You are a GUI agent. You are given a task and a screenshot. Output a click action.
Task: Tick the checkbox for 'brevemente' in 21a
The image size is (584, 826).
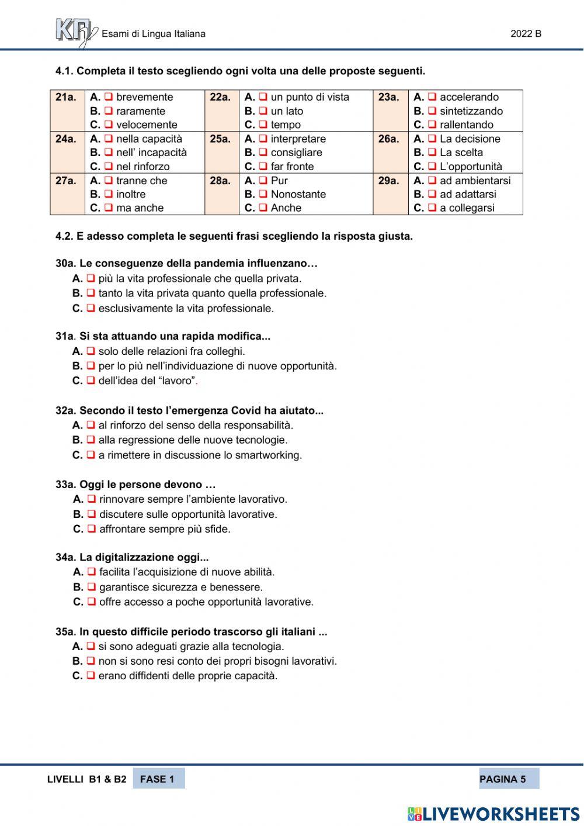point(108,97)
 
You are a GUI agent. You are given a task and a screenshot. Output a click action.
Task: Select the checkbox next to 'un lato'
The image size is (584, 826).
point(263,111)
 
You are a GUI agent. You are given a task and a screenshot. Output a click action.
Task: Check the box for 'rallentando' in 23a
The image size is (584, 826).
point(432,125)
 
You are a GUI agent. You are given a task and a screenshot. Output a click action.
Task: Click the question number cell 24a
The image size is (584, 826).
point(67,139)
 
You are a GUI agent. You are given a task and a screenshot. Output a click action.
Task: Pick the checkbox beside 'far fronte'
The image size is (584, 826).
point(263,167)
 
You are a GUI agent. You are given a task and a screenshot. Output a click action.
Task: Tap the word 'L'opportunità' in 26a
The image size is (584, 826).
point(471,167)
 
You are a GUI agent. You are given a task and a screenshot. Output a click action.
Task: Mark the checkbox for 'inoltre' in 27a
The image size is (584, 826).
point(108,194)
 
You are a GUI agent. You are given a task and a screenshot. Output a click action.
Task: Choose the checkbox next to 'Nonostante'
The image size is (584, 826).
point(263,194)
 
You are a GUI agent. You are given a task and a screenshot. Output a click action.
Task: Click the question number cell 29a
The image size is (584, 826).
point(389,181)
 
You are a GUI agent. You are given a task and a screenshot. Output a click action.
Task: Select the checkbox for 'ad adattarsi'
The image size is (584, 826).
point(432,194)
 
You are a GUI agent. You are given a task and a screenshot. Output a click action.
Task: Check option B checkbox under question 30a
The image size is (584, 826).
point(91,293)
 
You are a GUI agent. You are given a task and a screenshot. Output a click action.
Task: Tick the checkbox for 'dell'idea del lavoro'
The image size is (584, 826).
point(91,381)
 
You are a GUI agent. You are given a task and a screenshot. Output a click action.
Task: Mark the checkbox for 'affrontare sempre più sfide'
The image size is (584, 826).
point(92,528)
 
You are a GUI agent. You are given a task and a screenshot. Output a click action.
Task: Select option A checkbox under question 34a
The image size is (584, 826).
point(92,572)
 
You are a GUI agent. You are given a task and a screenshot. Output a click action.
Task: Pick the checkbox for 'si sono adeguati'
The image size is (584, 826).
point(91,646)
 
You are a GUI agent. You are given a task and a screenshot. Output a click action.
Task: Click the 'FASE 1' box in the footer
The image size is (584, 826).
point(158,779)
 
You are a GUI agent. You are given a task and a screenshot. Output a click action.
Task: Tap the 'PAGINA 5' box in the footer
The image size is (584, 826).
point(508,779)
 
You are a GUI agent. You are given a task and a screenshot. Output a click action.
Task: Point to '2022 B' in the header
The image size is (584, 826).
point(526,34)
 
